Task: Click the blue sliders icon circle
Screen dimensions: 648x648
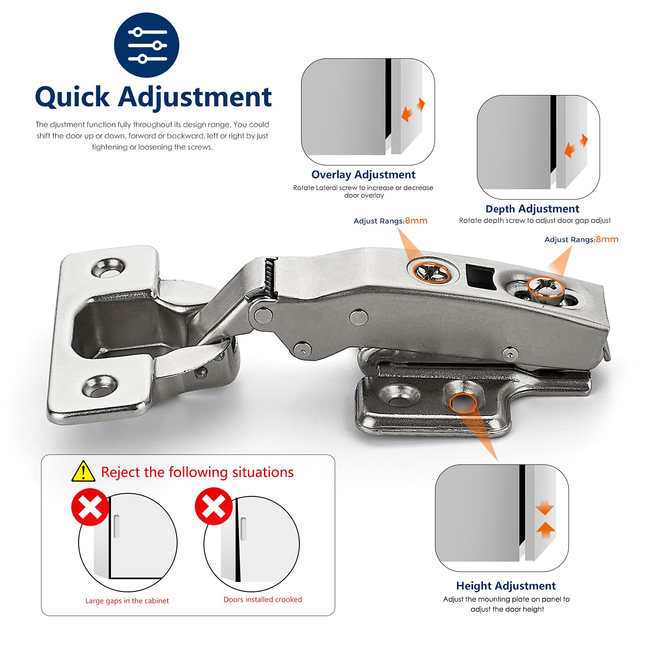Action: [x=146, y=45]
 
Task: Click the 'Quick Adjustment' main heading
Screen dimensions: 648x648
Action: [x=153, y=97]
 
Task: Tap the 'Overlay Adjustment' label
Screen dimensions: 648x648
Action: [x=363, y=175]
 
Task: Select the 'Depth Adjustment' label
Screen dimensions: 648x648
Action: [x=532, y=209]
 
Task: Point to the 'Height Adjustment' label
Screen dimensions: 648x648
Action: [x=506, y=586]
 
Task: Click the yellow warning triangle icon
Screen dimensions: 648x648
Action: [x=83, y=471]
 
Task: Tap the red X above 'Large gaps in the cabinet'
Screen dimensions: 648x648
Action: [x=90, y=507]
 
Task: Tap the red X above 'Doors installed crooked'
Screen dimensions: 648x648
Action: [x=213, y=506]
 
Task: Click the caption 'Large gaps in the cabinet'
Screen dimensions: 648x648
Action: [x=127, y=601]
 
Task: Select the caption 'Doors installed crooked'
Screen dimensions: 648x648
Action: [x=263, y=600]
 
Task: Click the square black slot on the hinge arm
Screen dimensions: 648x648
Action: [x=480, y=277]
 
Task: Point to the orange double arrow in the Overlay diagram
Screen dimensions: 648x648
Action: [x=413, y=110]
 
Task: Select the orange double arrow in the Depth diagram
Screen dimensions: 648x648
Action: [x=576, y=146]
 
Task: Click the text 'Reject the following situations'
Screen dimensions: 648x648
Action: [x=197, y=472]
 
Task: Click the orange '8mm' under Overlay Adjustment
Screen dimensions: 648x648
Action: [x=416, y=221]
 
